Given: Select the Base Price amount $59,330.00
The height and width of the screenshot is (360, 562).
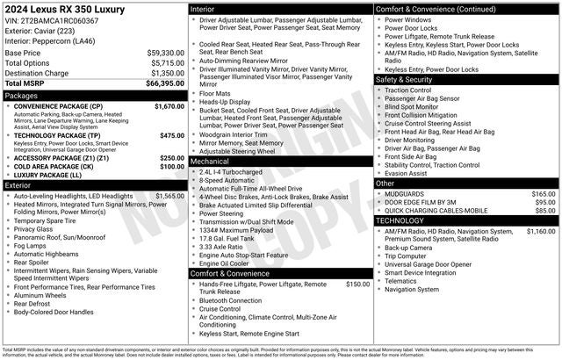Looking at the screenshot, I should (166, 53).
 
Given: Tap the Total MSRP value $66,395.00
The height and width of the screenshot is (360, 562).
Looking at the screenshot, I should (165, 84).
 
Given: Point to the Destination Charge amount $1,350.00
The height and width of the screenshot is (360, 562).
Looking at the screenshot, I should (168, 74).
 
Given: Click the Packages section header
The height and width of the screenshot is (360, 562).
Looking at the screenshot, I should (21, 96).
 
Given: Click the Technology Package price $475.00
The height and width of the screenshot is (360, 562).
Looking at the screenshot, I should (172, 136).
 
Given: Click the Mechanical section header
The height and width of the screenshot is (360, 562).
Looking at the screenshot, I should (210, 162).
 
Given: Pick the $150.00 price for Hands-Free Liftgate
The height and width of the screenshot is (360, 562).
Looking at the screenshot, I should (358, 284).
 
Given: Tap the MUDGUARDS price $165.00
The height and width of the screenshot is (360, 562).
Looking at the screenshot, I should (544, 194).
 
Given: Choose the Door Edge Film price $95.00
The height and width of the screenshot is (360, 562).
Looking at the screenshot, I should (545, 202).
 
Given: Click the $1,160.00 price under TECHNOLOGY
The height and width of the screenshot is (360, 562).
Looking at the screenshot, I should (541, 232).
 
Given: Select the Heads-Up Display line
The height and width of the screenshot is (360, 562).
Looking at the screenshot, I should (227, 102).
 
